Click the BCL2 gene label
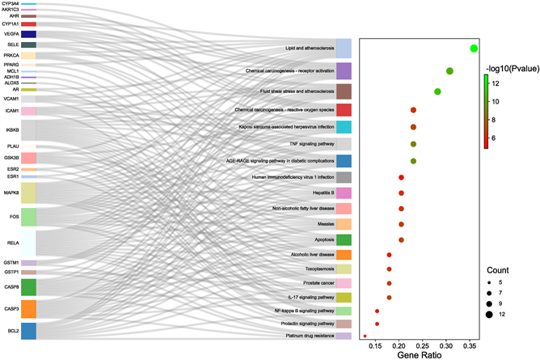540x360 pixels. [x=13, y=331]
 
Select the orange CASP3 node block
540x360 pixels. [x=28, y=309]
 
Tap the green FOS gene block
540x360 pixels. [x=28, y=217]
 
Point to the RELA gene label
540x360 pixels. [x=13, y=241]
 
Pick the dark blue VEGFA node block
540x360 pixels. [x=28, y=34]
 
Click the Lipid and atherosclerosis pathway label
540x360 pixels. [x=309, y=48]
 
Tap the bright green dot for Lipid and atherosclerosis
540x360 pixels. [x=475, y=49]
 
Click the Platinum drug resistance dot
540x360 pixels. [x=365, y=336]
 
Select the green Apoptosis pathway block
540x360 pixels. [x=344, y=239]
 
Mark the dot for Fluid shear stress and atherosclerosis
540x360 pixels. [x=437, y=91]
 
